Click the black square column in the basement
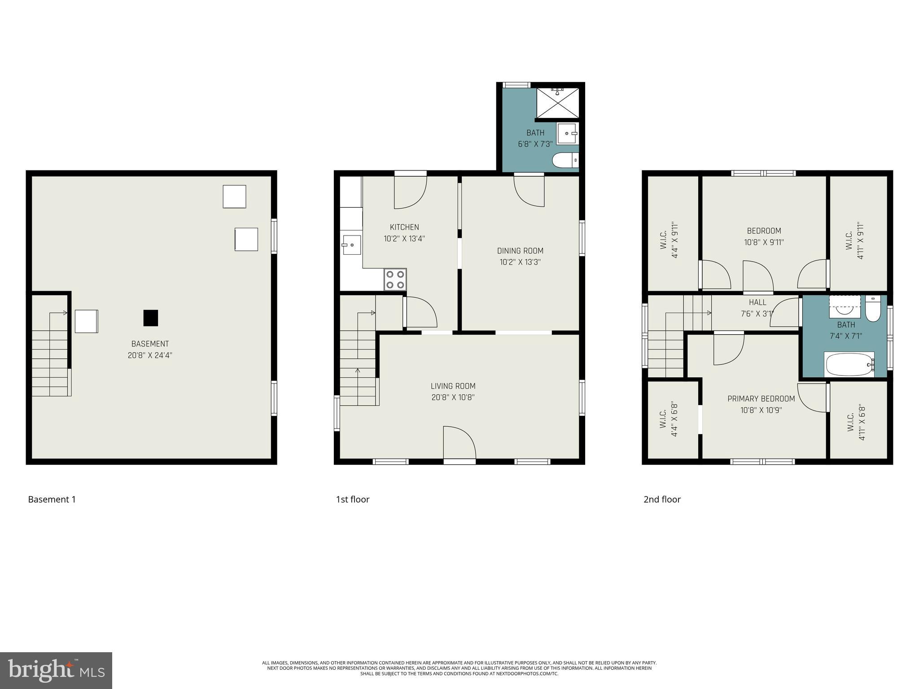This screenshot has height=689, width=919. click(x=151, y=318)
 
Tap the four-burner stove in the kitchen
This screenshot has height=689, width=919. click(x=395, y=279)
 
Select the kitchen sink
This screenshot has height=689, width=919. click(x=351, y=244)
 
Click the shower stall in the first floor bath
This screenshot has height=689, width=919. click(x=558, y=103)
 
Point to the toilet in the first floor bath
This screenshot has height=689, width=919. click(x=565, y=160)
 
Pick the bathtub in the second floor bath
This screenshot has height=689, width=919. click(x=849, y=364)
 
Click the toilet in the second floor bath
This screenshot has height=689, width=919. click(x=873, y=309)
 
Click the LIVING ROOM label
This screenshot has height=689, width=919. click(x=453, y=386)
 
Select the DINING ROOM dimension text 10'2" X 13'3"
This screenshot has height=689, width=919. click(x=520, y=262)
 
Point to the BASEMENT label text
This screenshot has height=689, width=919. click(x=150, y=344)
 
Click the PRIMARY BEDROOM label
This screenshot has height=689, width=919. click(x=761, y=399)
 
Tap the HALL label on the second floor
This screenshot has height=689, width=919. click(x=757, y=303)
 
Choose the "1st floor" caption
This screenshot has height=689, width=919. click(x=353, y=500)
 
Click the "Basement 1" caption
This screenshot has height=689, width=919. click(x=52, y=500)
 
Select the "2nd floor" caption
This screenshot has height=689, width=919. click(x=662, y=500)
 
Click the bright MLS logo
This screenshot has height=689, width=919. click(x=56, y=671)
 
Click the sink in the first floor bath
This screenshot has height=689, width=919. click(x=568, y=133)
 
